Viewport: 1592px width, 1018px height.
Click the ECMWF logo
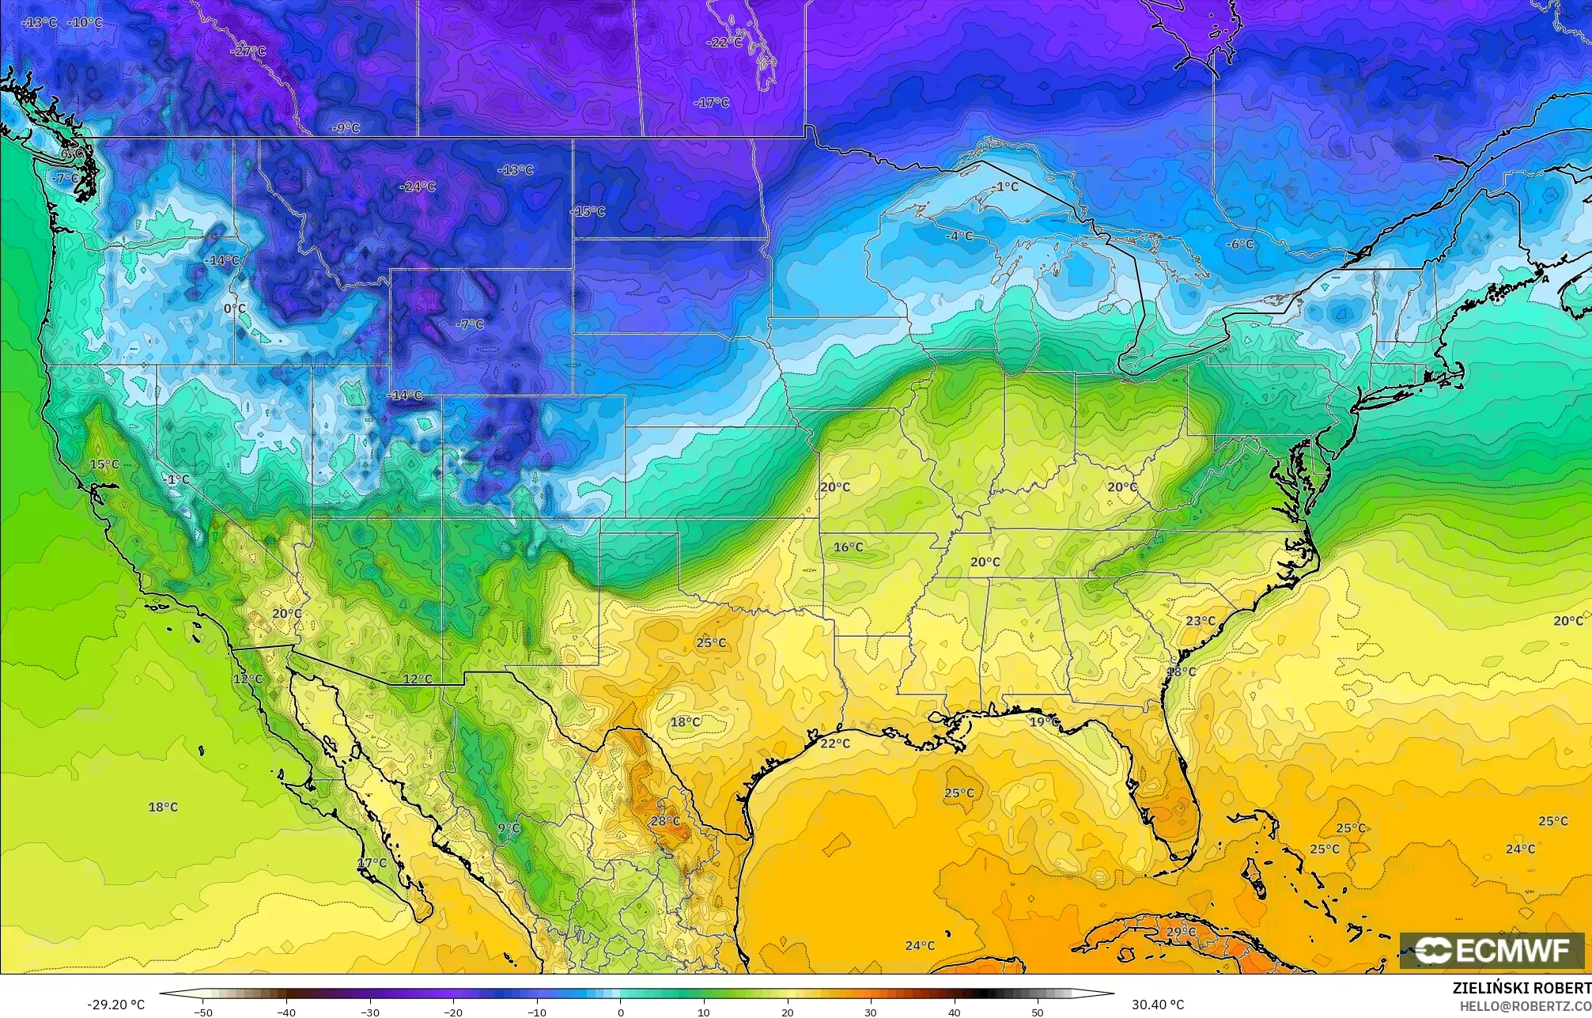(1492, 950)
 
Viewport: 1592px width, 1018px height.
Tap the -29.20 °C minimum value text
(115, 1005)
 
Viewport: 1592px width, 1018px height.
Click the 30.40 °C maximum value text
(1157, 1005)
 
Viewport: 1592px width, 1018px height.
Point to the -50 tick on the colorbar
(203, 1012)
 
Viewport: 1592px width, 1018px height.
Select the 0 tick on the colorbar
(621, 1012)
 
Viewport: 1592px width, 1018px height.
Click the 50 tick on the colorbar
(1037, 1012)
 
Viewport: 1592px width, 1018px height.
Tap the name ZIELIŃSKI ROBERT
(1521, 988)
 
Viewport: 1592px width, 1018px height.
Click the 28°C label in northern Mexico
(665, 821)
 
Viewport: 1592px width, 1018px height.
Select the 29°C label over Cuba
(1182, 932)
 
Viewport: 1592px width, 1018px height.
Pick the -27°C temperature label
(248, 51)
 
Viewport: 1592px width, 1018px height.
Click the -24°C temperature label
(418, 187)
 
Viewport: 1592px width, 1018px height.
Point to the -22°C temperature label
(724, 42)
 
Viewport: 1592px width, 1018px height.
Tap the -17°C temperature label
(711, 103)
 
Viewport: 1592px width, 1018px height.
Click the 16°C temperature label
(848, 547)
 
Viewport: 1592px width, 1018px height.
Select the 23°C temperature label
(1201, 621)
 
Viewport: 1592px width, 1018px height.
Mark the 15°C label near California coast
(104, 464)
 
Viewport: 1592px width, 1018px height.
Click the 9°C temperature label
(509, 828)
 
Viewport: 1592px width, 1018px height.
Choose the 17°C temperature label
(372, 863)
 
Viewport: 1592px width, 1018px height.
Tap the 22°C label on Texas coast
(834, 744)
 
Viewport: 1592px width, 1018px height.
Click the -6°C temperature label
(1239, 244)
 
